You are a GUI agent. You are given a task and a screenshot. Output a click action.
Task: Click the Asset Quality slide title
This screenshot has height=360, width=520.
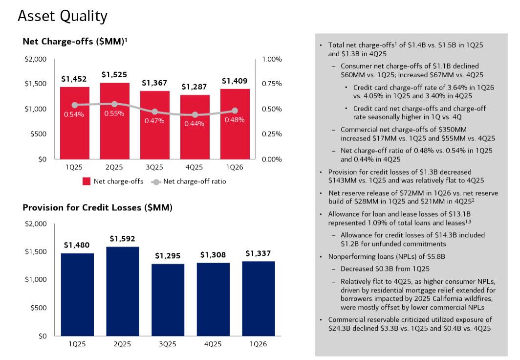[62, 16]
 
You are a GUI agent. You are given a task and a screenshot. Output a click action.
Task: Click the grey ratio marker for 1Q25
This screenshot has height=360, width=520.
[75, 105]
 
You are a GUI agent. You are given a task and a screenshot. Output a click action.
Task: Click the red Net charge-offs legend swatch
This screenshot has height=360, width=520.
[86, 181]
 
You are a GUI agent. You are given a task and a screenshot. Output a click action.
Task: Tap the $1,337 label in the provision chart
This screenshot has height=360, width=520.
[258, 253]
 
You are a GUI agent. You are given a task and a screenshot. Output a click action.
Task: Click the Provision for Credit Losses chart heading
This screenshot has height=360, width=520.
[97, 208]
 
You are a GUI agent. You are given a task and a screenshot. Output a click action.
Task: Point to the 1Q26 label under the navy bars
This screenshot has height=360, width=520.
[258, 344]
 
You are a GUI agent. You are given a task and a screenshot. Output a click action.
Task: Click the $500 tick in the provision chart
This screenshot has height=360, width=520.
[38, 308]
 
